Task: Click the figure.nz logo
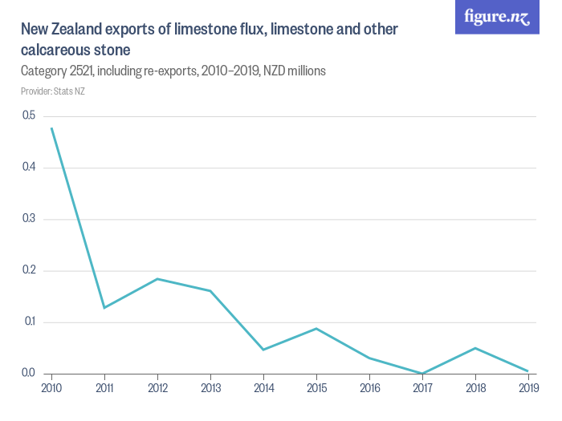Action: [x=497, y=18]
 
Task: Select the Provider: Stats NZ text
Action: [x=53, y=91]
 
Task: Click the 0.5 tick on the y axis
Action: [x=29, y=115]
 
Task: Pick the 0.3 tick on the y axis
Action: [x=29, y=219]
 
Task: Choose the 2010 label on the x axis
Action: [x=51, y=388]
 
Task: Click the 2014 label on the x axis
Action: [x=263, y=388]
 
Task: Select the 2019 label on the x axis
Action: [x=527, y=388]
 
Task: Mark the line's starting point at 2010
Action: [x=51, y=128]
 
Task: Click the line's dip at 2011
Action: [x=104, y=308]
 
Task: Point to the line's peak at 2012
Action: [x=157, y=279]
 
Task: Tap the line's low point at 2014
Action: [x=263, y=350]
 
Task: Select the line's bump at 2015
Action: [x=316, y=329]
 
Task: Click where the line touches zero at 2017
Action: [x=422, y=374]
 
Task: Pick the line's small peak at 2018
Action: [x=475, y=348]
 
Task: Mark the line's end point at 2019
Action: [x=527, y=371]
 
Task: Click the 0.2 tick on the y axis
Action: [x=29, y=270]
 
